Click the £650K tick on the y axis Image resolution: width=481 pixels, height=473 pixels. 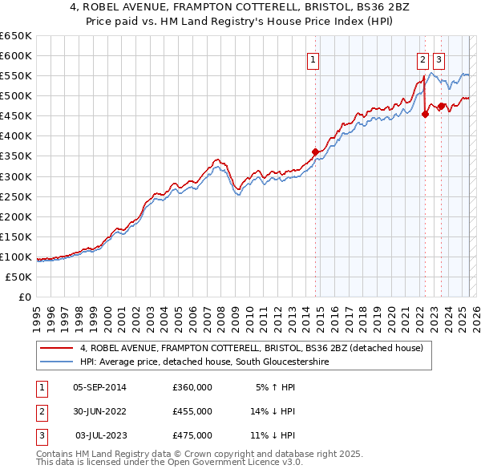16,36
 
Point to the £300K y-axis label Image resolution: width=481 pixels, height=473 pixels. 16,176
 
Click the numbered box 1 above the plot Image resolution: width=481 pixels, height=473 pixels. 313,59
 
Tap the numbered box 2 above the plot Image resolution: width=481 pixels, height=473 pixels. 422,59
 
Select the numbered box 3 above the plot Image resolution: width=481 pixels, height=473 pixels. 439,59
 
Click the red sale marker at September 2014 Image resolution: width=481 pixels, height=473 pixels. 315,152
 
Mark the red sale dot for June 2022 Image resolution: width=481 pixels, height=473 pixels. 425,114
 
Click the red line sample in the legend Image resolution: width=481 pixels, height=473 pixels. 57,348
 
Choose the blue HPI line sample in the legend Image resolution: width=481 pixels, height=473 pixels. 57,362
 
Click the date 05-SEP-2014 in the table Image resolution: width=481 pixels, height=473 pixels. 99,387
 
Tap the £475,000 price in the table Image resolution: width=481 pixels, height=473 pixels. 192,435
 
